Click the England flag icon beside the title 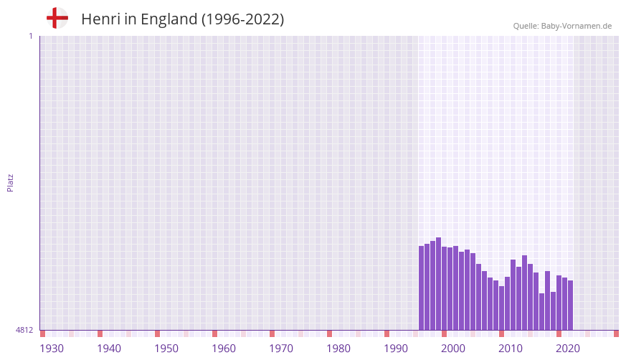coord(57,19)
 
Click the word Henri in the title coord(100,19)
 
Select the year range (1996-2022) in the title coord(242,19)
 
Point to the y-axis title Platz coord(10,182)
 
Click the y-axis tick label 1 coord(30,36)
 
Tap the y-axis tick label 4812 coord(24,330)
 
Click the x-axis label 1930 coord(52,349)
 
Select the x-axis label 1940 coord(109,349)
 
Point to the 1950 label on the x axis coord(166,349)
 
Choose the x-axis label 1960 coord(224,349)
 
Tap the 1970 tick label coord(281,349)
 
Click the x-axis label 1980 coord(338,349)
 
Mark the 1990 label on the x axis coord(396,349)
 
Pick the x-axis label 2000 coord(453,349)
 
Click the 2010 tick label coord(511,349)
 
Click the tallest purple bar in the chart coord(438,283)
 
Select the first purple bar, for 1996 coord(422,288)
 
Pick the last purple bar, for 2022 coord(570,305)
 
